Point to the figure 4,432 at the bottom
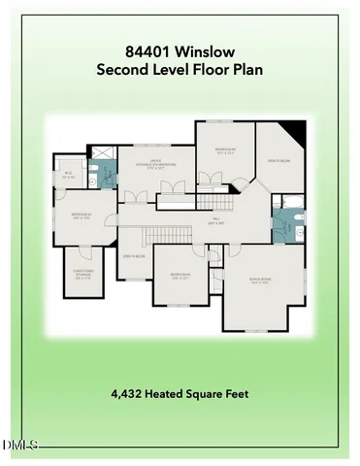coord(129,394)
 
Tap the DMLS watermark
coord(19,446)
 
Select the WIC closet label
coord(68,176)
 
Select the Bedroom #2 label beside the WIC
coord(80,217)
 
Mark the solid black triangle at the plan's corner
coord(297,130)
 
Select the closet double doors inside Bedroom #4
coord(209,178)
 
